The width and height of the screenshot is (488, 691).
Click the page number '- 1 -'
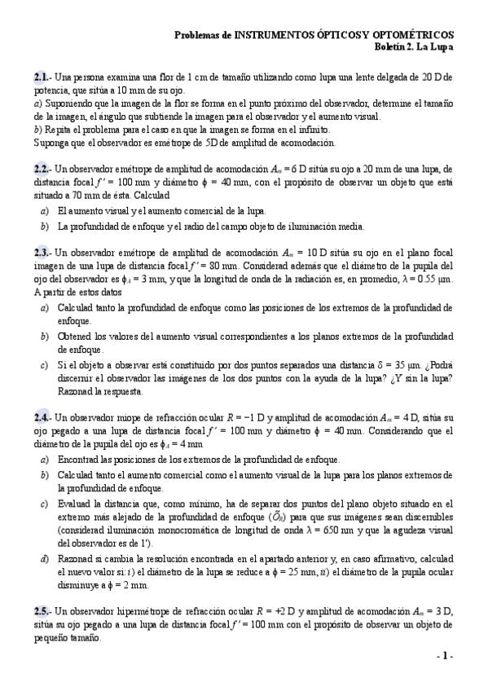coord(445,656)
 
